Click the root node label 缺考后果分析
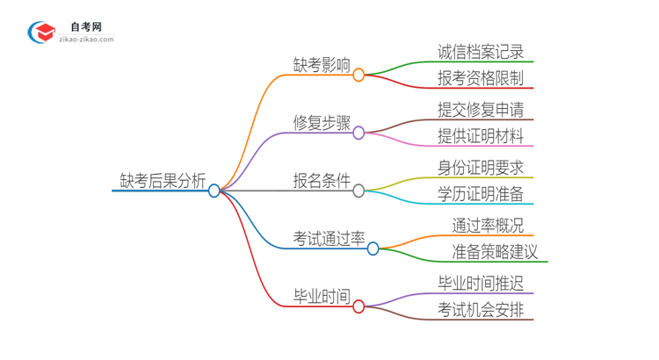pyautogui.click(x=163, y=181)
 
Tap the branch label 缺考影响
pyautogui.click(x=322, y=65)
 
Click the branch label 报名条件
pyautogui.click(x=322, y=181)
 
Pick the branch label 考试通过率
pyautogui.click(x=329, y=238)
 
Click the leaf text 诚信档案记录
pyautogui.click(x=481, y=52)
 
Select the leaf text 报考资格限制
pyautogui.click(x=481, y=78)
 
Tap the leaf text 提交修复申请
pyautogui.click(x=481, y=110)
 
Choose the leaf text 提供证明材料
pyautogui.click(x=481, y=136)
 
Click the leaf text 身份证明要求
pyautogui.click(x=481, y=167)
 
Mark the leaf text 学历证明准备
pyautogui.click(x=481, y=194)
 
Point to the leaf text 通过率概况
pyautogui.click(x=488, y=226)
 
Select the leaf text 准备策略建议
pyautogui.click(x=495, y=252)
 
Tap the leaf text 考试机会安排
pyautogui.click(x=481, y=309)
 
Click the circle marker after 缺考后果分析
pyautogui.click(x=214, y=191)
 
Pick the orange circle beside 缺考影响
pyautogui.click(x=358, y=76)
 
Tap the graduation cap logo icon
pyautogui.click(x=41, y=32)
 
